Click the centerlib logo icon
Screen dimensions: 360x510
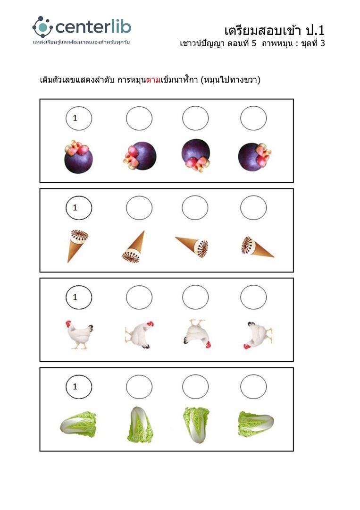(x=42, y=27)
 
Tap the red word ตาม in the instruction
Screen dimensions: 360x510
(x=153, y=80)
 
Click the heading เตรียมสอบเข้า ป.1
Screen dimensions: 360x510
(x=274, y=31)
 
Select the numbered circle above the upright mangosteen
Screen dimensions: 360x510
(x=79, y=119)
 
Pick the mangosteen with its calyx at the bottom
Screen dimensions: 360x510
(x=196, y=155)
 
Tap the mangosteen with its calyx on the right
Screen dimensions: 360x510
(x=254, y=157)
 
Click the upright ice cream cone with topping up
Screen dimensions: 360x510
(x=78, y=246)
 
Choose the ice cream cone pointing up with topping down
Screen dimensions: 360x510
(x=134, y=247)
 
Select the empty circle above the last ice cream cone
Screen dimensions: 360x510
(x=253, y=207)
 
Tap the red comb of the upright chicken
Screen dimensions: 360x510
(x=68, y=323)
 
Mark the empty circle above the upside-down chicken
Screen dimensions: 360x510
(x=195, y=297)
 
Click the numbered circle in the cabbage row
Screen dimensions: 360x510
(x=79, y=387)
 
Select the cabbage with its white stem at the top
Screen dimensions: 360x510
(x=140, y=425)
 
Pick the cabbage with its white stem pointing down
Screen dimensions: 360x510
(x=196, y=425)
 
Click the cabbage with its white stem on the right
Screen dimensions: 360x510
(x=256, y=424)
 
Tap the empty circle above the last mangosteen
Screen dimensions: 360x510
(x=253, y=118)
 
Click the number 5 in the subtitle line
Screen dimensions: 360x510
(x=254, y=43)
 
